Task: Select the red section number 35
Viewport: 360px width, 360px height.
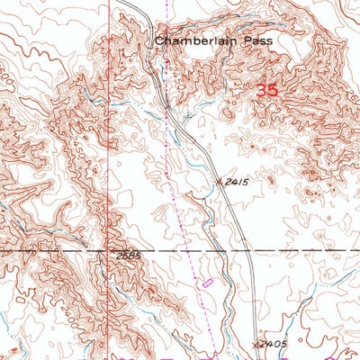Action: (266, 90)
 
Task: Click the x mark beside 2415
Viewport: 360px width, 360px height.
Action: (220, 180)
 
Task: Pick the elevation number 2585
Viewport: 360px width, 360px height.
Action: (130, 256)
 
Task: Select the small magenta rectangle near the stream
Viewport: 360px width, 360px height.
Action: (208, 283)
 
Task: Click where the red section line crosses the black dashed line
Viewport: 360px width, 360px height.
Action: (112, 249)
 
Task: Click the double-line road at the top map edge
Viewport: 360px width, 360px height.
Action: (128, 3)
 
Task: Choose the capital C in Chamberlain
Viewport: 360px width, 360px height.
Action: (159, 40)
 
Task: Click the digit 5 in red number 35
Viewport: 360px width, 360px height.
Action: (272, 90)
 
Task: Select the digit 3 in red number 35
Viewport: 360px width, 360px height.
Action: (261, 90)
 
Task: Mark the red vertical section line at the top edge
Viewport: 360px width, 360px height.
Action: (112, 3)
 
